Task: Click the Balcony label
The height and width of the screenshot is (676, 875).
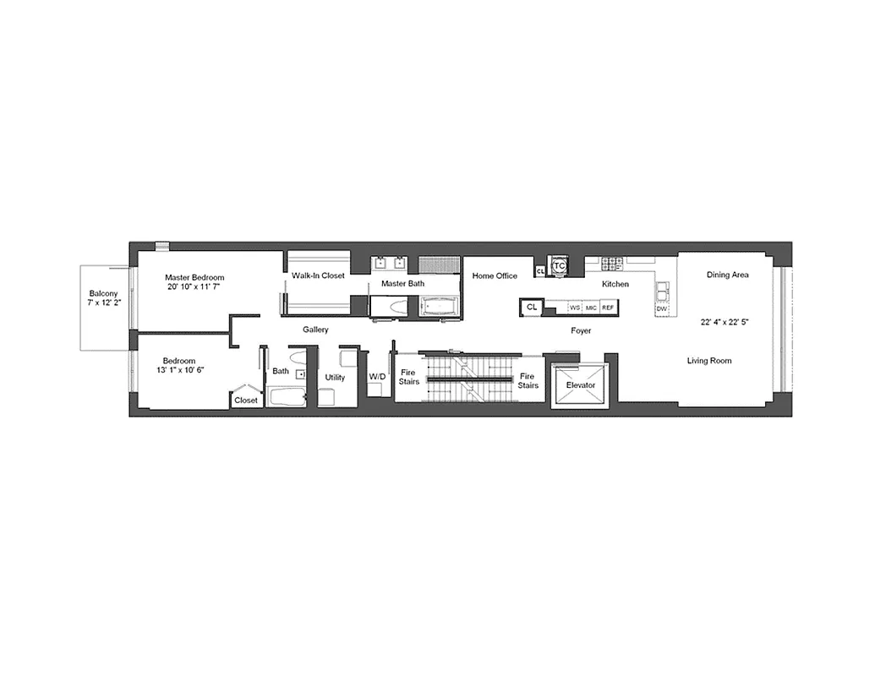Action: coord(104,295)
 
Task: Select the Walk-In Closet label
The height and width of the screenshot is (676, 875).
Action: coord(318,275)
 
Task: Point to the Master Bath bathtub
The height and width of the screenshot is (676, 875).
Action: coord(440,306)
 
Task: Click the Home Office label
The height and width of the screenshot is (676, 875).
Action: coord(495,275)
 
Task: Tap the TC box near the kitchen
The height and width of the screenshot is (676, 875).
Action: coord(558,266)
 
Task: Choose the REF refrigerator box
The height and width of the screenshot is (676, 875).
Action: coord(607,308)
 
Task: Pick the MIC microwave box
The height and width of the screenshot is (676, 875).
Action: coord(591,308)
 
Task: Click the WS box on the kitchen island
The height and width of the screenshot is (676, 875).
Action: coord(575,308)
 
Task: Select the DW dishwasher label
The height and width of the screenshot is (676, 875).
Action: coord(661,308)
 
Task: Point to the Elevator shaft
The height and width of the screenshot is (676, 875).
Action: coord(580,385)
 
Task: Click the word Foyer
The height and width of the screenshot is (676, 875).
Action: coord(580,330)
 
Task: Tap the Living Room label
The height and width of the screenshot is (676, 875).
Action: coord(708,361)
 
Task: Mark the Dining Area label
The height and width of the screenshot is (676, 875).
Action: coord(727,275)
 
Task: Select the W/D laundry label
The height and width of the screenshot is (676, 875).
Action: coord(377,376)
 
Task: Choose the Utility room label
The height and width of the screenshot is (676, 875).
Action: coord(335,377)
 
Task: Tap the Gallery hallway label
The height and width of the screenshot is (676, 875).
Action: coord(315,330)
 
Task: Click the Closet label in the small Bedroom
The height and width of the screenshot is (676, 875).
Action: coord(246,400)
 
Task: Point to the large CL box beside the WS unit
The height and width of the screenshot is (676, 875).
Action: coord(531,307)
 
